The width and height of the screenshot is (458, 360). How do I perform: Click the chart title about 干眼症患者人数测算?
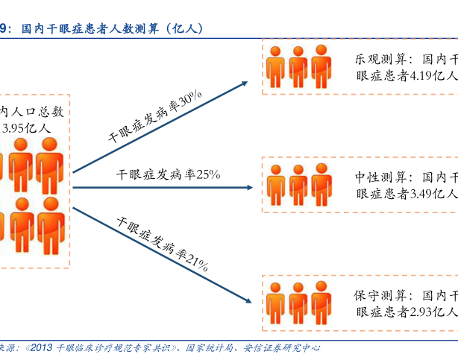pyautogui.click(x=112, y=29)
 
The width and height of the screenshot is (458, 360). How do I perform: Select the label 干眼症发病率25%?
pyautogui.click(x=169, y=174)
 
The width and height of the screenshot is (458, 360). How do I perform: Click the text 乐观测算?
pyautogui.click(x=380, y=59)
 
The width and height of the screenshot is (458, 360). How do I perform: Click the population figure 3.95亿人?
pyautogui.click(x=27, y=127)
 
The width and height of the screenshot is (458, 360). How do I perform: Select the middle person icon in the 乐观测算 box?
pyautogui.click(x=298, y=65)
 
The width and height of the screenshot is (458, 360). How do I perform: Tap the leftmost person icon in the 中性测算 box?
pyautogui.click(x=276, y=183)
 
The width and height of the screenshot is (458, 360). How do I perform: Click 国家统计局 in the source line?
pyautogui.click(x=213, y=347)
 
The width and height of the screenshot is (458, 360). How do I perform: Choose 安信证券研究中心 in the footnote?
pyautogui.click(x=283, y=347)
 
